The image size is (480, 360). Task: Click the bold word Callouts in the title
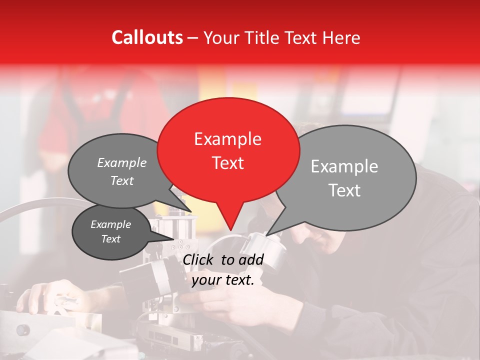147,37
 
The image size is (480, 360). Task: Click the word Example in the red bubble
228,139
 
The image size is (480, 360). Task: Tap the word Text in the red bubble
228,163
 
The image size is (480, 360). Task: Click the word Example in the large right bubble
344,166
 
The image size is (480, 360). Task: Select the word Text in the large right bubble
344,190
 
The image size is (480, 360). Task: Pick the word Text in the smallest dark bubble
110,239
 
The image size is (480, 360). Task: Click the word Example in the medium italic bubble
122,163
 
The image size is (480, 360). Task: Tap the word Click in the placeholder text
198,259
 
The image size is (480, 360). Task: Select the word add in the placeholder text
251,259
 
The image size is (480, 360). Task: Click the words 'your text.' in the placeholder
223,280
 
